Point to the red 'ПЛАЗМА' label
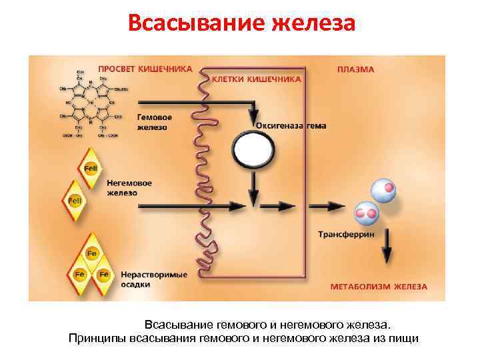(355, 69)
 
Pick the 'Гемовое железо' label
(151, 122)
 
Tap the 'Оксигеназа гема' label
(291, 125)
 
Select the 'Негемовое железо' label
(129, 187)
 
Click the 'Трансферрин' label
(345, 235)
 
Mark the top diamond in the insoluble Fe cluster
(92, 254)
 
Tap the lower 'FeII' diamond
(75, 199)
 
